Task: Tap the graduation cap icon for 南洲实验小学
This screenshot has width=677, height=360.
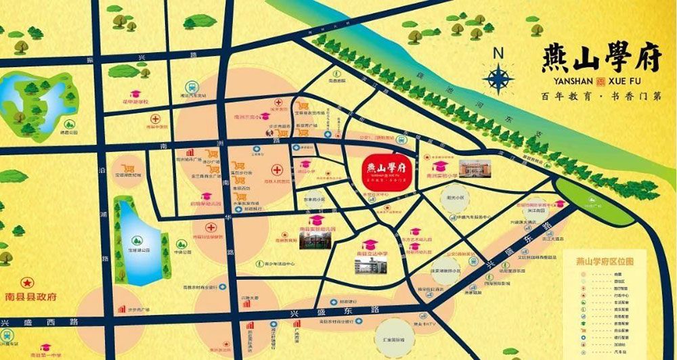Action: click(x=439, y=166)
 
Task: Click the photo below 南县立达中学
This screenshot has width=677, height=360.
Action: click(x=368, y=265)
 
